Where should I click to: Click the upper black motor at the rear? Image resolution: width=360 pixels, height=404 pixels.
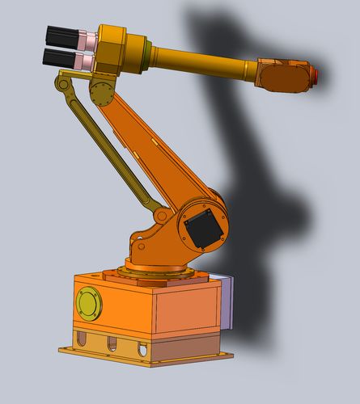[59, 36]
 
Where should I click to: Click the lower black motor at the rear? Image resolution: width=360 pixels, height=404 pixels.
[57, 57]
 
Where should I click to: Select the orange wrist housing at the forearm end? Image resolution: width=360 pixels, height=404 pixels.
[284, 74]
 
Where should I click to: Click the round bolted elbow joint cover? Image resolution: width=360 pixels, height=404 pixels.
[102, 91]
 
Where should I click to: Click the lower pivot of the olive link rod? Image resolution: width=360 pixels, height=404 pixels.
[162, 217]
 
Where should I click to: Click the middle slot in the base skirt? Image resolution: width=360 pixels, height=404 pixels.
[112, 343]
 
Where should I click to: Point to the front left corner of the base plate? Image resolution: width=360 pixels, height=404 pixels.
[63, 349]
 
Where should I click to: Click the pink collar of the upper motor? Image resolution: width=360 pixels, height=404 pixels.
[85, 38]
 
